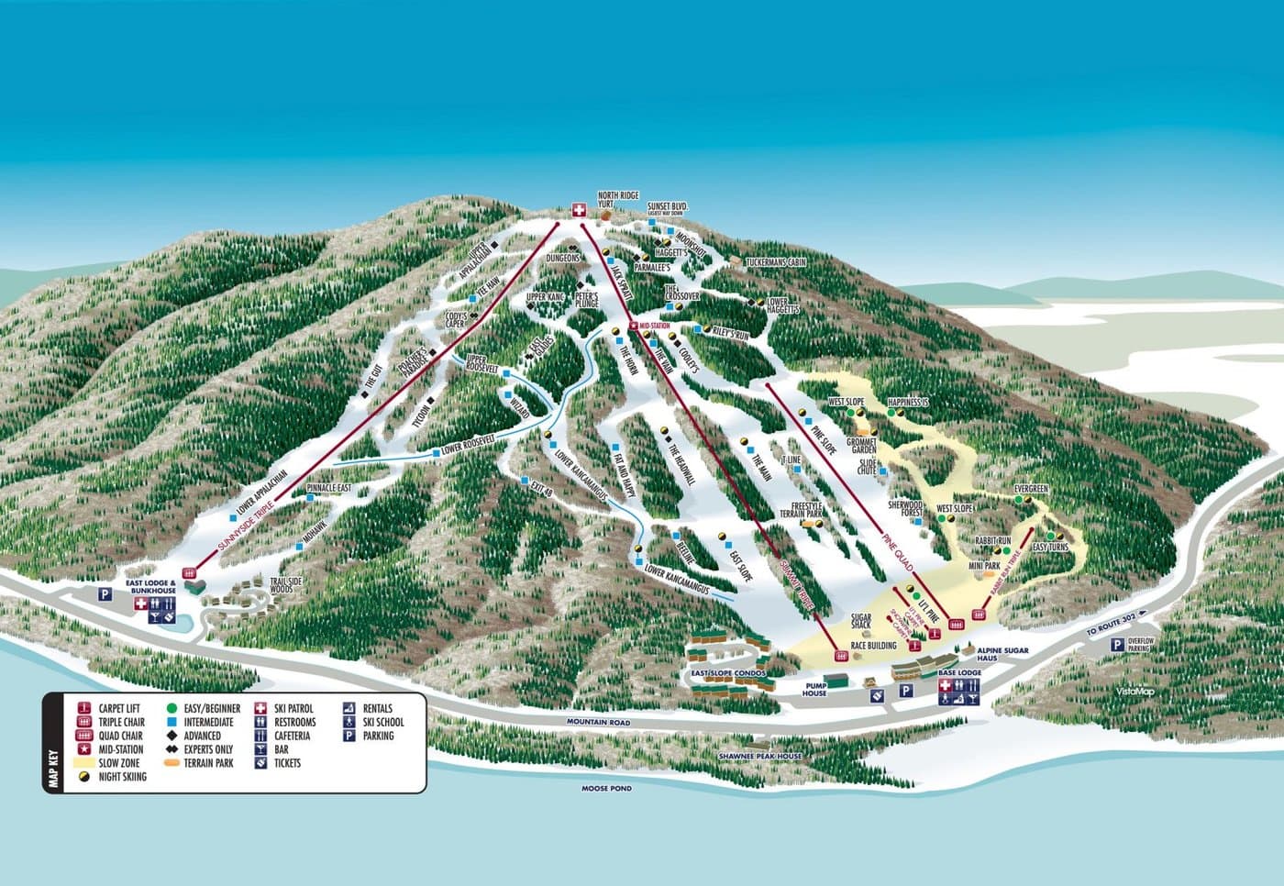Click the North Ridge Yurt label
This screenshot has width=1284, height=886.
[616, 199]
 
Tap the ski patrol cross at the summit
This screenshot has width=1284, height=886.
[579, 210]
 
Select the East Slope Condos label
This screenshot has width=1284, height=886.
[729, 673]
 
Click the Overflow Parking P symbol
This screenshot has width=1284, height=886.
[1116, 646]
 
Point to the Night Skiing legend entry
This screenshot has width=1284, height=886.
[123, 776]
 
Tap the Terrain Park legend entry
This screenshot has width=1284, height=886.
[208, 763]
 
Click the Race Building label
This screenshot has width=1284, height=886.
[873, 646]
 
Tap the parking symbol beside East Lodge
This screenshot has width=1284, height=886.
[105, 594]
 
